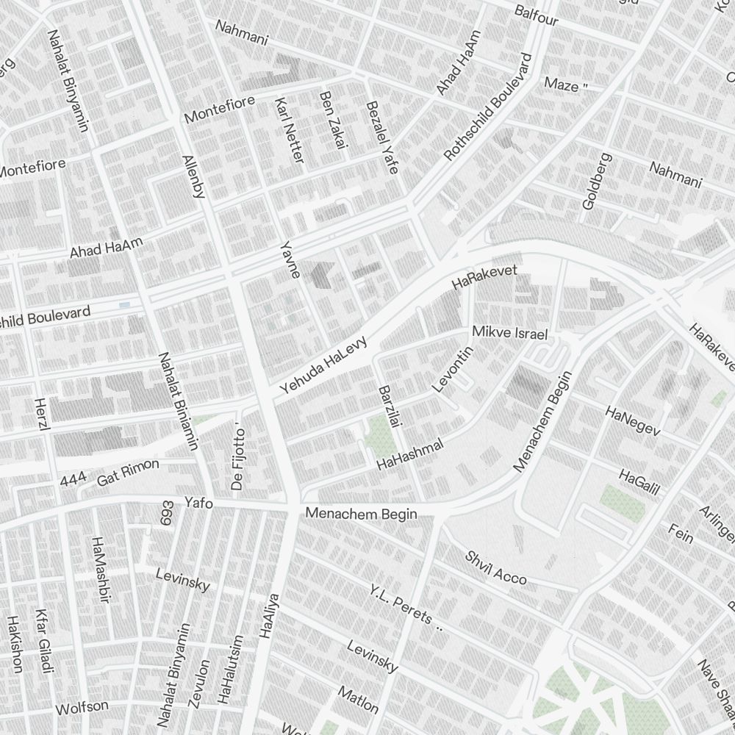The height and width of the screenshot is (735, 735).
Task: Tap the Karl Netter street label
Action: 289,130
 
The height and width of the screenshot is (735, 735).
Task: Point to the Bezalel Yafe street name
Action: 381,137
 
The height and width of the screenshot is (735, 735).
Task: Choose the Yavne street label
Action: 290,259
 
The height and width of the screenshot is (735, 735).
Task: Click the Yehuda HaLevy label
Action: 323,365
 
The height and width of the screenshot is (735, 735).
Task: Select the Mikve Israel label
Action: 510,333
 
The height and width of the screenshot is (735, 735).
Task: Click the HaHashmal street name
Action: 411,454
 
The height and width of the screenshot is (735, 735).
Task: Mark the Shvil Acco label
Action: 495,567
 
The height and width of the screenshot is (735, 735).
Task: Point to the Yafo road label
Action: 198,503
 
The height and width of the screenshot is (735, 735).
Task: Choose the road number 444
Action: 73,480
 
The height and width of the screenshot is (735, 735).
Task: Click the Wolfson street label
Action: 82,708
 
